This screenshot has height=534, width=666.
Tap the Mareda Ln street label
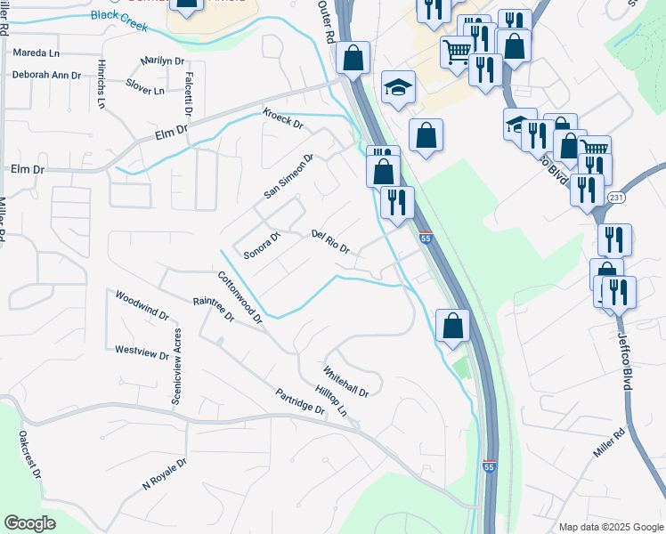(37, 53)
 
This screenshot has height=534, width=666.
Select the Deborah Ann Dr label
(46, 75)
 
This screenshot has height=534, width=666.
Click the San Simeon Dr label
(289, 177)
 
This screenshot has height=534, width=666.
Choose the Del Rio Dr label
(330, 241)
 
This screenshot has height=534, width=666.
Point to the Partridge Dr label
(299, 401)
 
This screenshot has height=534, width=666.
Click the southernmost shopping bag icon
(453, 325)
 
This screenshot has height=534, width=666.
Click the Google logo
(30, 523)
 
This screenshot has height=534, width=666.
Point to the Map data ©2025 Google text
(609, 527)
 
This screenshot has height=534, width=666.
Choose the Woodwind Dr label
(142, 304)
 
